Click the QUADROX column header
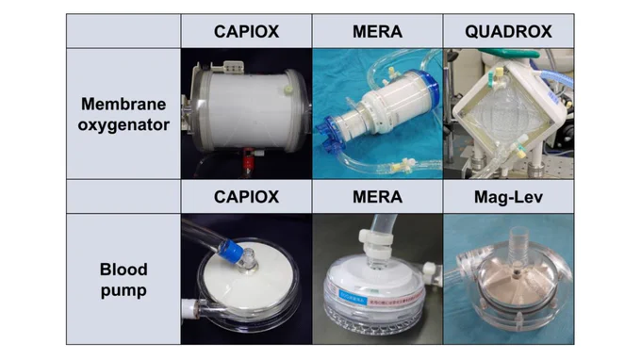point(508,31)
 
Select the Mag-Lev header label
point(508,197)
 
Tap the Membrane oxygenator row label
point(123,114)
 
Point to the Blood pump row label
point(123,280)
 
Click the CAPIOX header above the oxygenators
point(246,31)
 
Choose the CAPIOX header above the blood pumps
point(246,197)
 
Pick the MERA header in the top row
point(377,31)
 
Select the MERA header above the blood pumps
point(377,197)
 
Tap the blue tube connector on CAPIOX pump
point(230,250)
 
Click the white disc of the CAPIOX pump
point(245,280)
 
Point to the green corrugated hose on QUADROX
point(557,78)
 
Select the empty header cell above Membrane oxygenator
point(123,31)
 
